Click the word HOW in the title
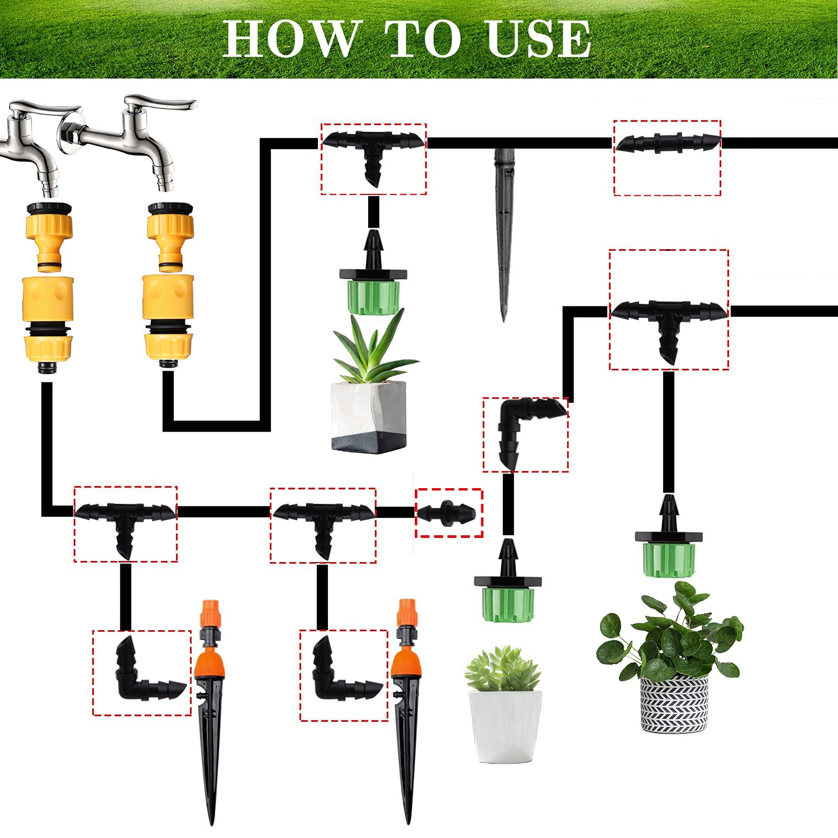point(291,39)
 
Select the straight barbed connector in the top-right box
point(667,142)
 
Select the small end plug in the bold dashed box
point(448,512)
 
